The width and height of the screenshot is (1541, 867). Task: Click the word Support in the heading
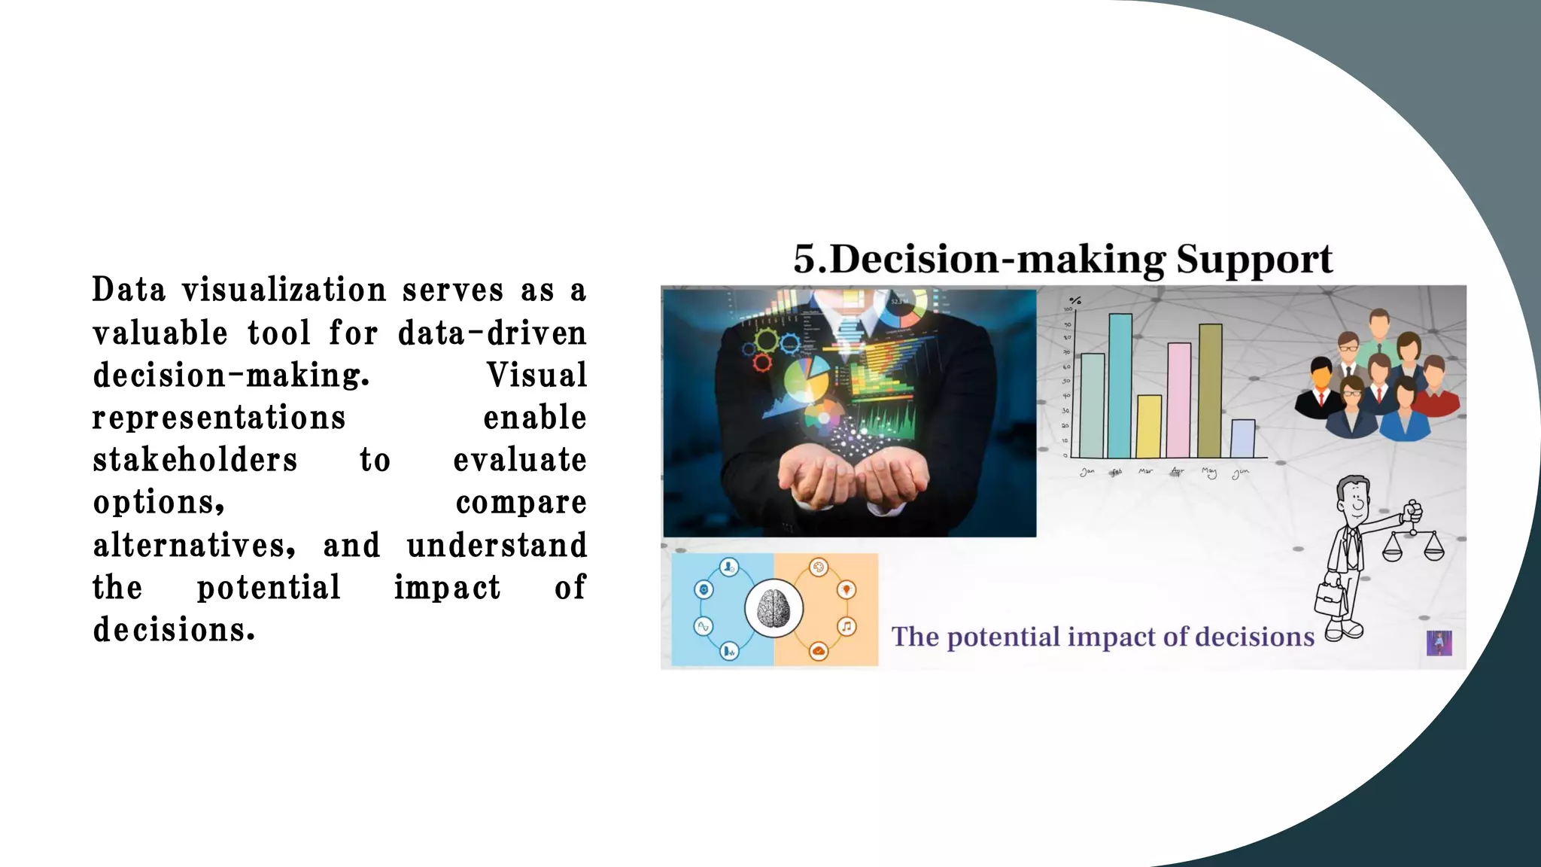(x=1254, y=260)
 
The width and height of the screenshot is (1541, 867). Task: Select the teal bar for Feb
(x=1120, y=385)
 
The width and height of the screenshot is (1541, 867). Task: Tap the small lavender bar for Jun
(x=1242, y=438)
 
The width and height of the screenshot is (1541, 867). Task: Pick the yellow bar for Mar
(x=1149, y=426)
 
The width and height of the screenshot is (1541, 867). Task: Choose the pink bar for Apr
(x=1179, y=400)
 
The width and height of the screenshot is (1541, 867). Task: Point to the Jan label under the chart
(x=1087, y=472)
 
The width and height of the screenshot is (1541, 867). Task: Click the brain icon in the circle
(x=774, y=608)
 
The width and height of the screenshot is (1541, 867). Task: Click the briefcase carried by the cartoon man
(x=1330, y=598)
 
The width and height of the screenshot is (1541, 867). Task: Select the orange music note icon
(x=847, y=626)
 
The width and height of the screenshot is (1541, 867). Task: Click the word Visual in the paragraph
(x=536, y=375)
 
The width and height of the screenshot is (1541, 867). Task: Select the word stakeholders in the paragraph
(x=195, y=460)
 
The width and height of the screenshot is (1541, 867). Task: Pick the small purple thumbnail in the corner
(x=1439, y=643)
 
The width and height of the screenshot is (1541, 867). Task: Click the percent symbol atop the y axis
(x=1075, y=300)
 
